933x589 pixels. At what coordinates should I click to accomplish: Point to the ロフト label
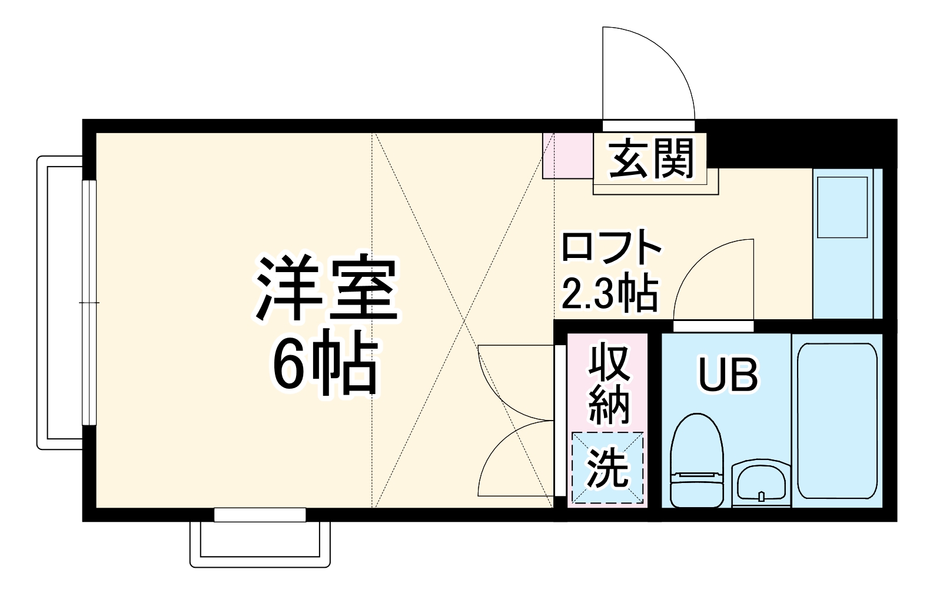pyautogui.click(x=612, y=247)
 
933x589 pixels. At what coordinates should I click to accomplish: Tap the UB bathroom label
pyautogui.click(x=728, y=374)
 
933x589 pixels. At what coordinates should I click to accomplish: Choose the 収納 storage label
pyautogui.click(x=609, y=383)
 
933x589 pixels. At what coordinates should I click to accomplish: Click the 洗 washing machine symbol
pyautogui.click(x=609, y=468)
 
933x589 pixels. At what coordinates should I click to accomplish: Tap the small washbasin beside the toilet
pyautogui.click(x=761, y=483)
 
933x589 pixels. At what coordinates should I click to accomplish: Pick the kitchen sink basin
pyautogui.click(x=842, y=207)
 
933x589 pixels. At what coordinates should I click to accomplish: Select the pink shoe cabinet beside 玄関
pyautogui.click(x=567, y=156)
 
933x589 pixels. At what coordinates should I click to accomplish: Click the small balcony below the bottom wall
pyautogui.click(x=260, y=544)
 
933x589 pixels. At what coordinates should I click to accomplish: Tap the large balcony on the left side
pyautogui.click(x=59, y=303)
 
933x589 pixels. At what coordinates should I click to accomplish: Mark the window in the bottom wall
pyautogui.click(x=260, y=515)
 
